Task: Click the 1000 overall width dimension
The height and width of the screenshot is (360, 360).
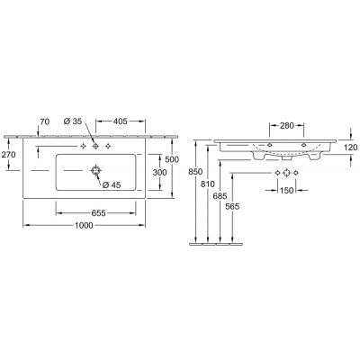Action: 84,225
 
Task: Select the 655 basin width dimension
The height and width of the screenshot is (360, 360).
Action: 98,213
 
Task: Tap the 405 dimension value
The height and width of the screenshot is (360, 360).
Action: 121,121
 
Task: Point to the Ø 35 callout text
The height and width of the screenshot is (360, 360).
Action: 73,121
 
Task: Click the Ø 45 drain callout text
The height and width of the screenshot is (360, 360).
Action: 112,185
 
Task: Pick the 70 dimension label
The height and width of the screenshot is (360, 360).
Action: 45,121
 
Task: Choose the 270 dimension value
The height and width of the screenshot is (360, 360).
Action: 8,155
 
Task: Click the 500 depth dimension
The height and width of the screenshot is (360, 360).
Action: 172,159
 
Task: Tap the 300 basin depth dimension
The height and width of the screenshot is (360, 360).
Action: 159,173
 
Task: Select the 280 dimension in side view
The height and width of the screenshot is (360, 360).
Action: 287,125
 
